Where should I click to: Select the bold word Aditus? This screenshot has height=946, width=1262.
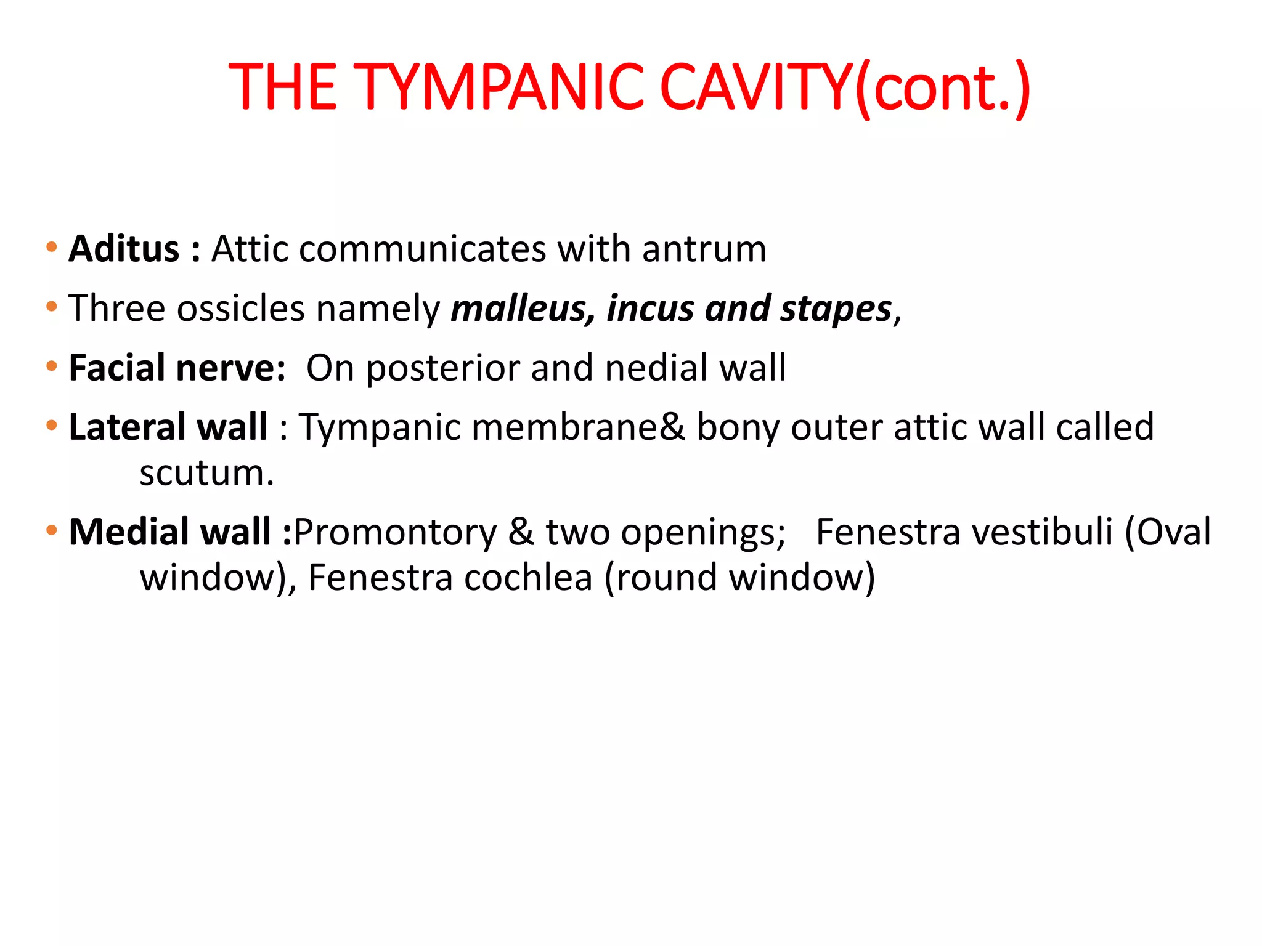tap(124, 249)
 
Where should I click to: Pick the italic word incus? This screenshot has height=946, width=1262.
tap(650, 309)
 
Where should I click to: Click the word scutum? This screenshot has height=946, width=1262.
tap(206, 473)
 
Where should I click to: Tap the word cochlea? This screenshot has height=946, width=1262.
tap(527, 578)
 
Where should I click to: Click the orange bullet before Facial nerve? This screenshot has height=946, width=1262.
tap(52, 366)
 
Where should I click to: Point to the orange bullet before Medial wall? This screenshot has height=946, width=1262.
tap(52, 530)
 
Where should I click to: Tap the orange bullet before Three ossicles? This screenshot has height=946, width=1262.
tap(52, 307)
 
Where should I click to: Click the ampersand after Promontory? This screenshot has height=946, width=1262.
tap(521, 532)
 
